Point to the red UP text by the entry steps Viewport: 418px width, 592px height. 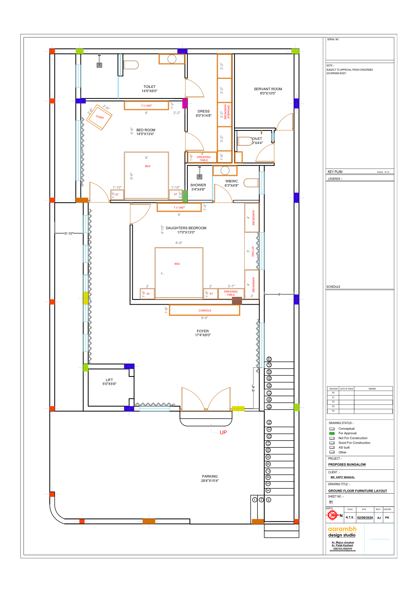pos(223,432)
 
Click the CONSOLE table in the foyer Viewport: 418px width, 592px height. pos(205,310)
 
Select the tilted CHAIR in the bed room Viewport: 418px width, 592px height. pos(100,117)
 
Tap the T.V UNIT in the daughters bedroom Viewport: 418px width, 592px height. pos(179,207)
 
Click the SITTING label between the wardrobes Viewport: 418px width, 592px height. pos(253,251)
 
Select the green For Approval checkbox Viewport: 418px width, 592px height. pos(332,433)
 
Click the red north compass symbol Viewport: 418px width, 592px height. pos(332,515)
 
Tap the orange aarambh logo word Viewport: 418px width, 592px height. pos(342,529)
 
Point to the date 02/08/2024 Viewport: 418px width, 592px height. pos(365,518)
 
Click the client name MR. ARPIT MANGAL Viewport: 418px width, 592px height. pos(343,477)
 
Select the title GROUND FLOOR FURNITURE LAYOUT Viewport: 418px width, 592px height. pos(358,491)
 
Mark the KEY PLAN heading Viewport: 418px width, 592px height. pos(335,172)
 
